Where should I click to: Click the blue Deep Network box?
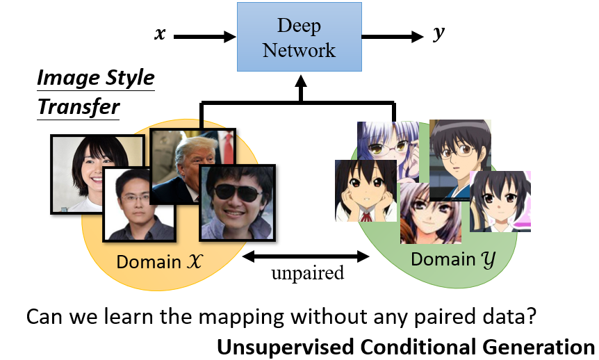[299, 38]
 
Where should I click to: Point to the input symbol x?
[160, 34]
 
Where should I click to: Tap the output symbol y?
[438, 34]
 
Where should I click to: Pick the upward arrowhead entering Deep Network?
[299, 82]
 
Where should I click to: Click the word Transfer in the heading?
[79, 107]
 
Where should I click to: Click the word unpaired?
[307, 272]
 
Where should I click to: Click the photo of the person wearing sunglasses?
[238, 202]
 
